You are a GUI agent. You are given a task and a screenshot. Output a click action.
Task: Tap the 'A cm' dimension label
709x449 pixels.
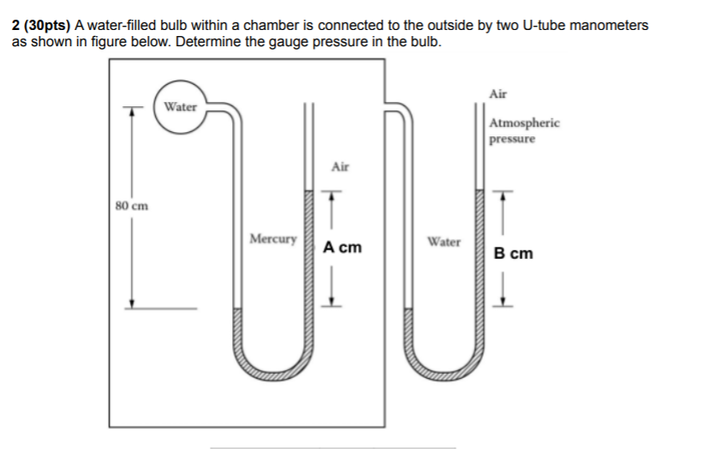[x=343, y=248]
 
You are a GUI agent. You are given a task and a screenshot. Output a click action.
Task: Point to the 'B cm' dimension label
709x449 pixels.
[x=514, y=254]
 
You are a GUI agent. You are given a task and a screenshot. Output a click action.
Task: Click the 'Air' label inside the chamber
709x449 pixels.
[x=340, y=167]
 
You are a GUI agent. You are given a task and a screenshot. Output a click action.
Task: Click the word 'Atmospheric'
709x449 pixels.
[x=524, y=123]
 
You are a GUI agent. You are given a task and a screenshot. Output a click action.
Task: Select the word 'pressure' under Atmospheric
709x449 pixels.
[x=512, y=138]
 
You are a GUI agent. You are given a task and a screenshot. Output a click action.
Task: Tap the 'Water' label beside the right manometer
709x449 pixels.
[x=444, y=242]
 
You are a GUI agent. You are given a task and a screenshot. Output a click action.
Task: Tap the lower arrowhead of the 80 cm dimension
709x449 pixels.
[x=131, y=303]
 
